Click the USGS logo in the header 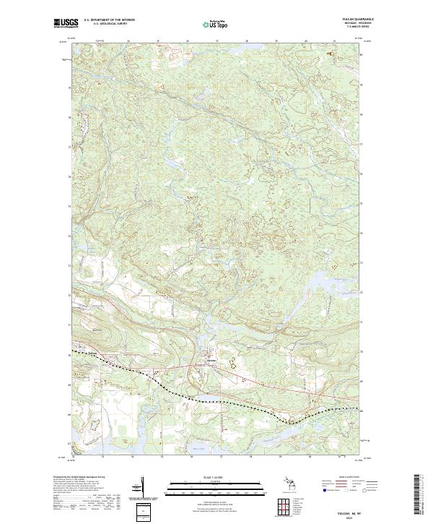click(65, 22)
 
